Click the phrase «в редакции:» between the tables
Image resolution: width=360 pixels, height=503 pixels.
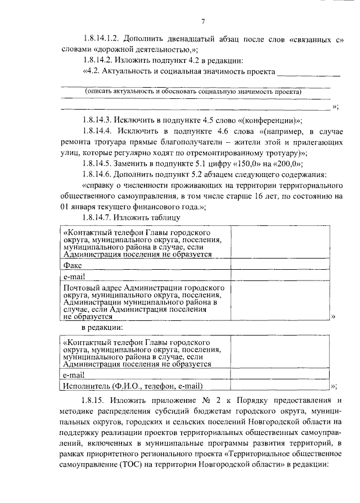(x=103, y=327)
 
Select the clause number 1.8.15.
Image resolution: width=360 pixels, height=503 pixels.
(x=92, y=400)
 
